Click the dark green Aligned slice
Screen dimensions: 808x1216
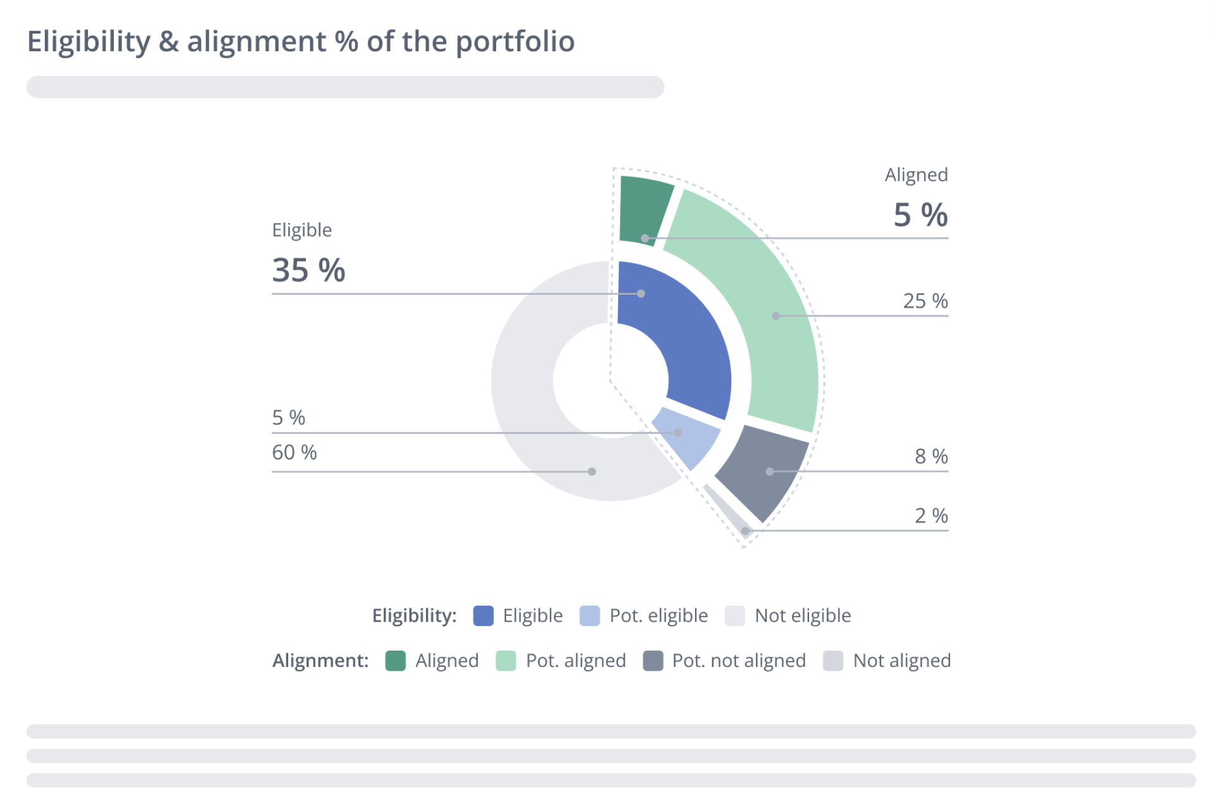645,210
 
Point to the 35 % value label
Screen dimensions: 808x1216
308,271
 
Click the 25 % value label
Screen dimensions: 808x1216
925,301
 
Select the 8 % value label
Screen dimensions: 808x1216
931,456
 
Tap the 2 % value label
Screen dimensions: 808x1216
931,515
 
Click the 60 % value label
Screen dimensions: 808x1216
295,452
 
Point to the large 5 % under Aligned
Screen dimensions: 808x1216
920,215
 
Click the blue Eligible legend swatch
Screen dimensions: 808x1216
483,616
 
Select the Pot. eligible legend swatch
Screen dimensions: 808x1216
590,616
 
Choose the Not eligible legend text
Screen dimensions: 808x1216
803,616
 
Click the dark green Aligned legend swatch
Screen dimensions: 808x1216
396,661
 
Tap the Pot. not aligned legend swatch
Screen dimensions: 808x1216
653,661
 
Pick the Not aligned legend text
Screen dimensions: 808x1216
901,661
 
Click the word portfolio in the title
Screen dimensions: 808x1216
514,42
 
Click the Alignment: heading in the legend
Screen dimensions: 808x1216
320,661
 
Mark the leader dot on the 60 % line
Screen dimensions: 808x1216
592,472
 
